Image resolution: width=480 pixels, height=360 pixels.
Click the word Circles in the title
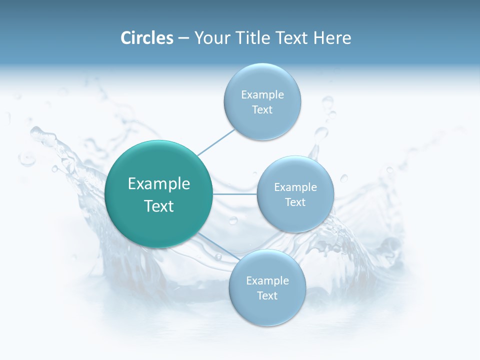click(x=147, y=38)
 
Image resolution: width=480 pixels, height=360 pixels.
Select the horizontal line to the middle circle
click(x=235, y=194)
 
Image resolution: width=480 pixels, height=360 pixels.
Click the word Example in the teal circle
click(x=159, y=183)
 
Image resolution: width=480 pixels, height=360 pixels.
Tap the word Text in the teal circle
click(x=159, y=206)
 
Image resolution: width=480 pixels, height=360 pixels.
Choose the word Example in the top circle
click(x=262, y=94)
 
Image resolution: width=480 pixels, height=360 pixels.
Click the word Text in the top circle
click(x=262, y=110)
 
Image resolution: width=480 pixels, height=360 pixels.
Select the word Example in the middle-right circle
click(x=295, y=187)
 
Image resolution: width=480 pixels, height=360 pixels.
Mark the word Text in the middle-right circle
click(x=295, y=202)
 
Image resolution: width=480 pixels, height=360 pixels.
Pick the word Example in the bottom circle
click(x=267, y=280)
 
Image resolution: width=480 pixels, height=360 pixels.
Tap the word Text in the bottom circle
click(x=267, y=295)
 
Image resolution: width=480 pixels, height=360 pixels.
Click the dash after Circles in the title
click(x=183, y=38)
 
